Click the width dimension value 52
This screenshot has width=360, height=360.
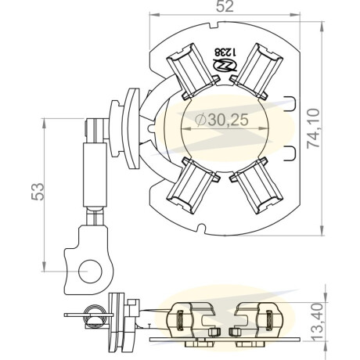tap(225, 6)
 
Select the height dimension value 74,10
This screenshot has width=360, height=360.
tap(313, 128)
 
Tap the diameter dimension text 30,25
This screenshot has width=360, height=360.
tap(221, 120)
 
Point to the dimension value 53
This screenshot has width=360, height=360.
tap(38, 192)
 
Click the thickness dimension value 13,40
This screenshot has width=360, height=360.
tap(318, 322)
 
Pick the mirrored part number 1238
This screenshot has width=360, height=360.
tap(225, 52)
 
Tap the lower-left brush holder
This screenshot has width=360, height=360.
tap(193, 185)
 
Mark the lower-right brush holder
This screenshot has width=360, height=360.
tap(257, 185)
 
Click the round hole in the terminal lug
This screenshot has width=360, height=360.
tap(90, 272)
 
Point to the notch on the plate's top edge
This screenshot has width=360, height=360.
tap(213, 26)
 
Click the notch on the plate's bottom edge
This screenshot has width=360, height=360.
tap(201, 228)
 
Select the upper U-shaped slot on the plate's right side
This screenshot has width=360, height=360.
tap(290, 104)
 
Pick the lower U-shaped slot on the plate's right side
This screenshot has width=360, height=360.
tap(290, 153)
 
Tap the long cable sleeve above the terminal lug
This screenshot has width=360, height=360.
tap(95, 175)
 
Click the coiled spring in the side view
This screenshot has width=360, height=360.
tap(95, 315)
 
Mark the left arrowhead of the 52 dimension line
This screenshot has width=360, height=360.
tap(154, 14)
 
